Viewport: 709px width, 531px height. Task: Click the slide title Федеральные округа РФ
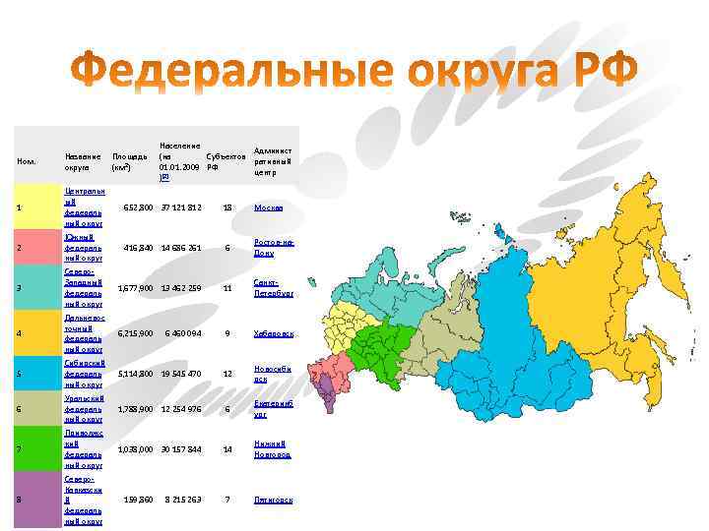click(354, 71)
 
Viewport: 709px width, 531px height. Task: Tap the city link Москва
click(268, 208)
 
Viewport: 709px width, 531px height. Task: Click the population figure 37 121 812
click(181, 208)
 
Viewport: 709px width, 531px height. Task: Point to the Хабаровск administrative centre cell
click(273, 334)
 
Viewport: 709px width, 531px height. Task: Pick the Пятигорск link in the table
click(273, 501)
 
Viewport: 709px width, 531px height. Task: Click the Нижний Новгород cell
click(272, 449)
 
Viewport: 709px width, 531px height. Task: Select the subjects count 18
click(227, 208)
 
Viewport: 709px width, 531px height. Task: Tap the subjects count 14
click(227, 449)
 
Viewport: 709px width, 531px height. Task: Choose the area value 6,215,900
click(135, 334)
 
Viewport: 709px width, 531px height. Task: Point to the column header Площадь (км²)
click(130, 161)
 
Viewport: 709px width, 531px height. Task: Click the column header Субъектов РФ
click(225, 161)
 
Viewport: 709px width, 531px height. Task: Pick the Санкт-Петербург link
click(273, 288)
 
